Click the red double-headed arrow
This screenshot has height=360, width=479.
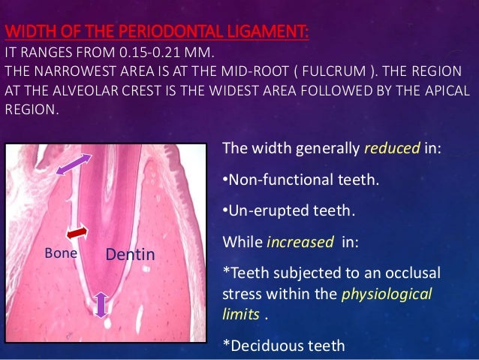coord(77,234)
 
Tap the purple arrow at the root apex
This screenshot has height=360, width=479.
coord(102,304)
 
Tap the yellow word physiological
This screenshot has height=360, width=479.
coord(387,294)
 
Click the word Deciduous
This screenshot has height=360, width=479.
coord(264,346)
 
